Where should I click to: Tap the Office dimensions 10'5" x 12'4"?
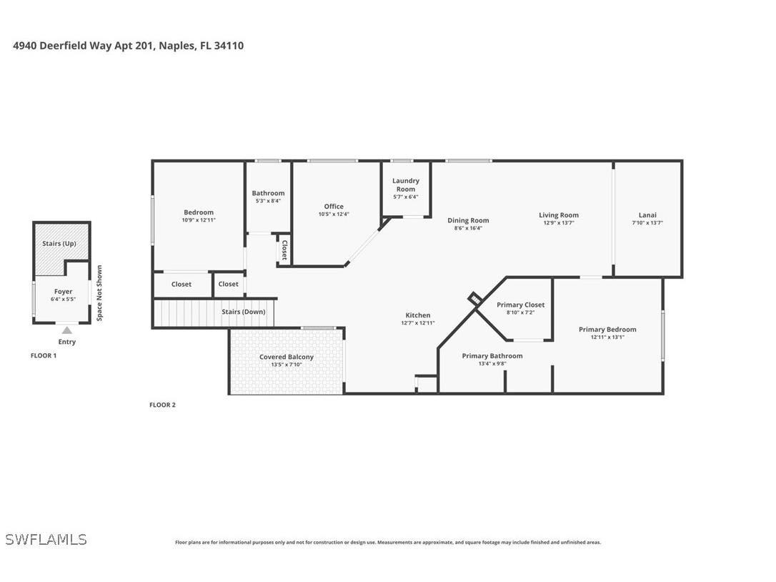pos(334,214)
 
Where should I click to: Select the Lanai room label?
pos(647,215)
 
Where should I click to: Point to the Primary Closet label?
pos(520,305)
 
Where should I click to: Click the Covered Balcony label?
pos(286,357)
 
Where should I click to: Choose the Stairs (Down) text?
pos(243,312)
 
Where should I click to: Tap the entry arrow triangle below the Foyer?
pos(66,330)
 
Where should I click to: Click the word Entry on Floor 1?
pos(66,342)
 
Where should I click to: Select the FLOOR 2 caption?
pos(162,405)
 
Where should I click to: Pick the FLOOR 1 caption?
pos(44,355)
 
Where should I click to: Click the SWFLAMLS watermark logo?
pos(46,539)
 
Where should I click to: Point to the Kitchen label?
pos(418,315)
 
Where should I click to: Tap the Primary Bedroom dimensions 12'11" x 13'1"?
pos(607,337)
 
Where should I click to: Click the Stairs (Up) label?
pos(59,244)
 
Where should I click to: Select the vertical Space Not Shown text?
pos(99,292)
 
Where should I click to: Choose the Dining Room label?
pos(468,220)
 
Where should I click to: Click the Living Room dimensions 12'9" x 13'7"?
pos(559,223)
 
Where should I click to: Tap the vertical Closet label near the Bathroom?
pos(284,250)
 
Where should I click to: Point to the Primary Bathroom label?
pos(492,356)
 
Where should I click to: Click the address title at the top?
pos(129,46)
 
